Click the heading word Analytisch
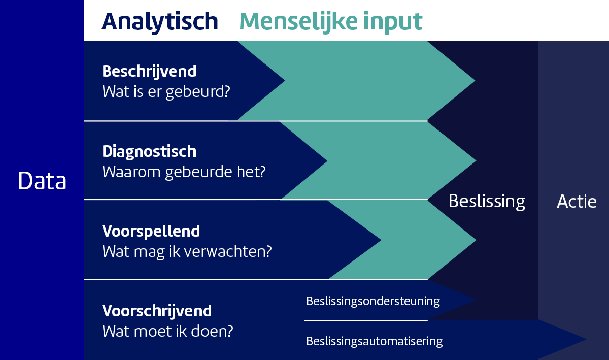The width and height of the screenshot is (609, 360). pos(160,22)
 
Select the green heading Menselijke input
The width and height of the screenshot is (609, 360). pos(330,22)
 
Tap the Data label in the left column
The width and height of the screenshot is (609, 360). pos(42,181)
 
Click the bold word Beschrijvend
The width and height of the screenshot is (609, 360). pos(149,72)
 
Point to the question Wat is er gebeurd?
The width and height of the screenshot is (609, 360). pos(166,92)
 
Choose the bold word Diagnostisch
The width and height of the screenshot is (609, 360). pos(149,152)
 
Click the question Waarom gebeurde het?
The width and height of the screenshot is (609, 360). pos(184,172)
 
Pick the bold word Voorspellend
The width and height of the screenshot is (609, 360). pos(151,232)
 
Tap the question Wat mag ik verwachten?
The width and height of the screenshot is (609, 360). pos(187,252)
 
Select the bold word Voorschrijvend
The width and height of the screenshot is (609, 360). pos(157,312)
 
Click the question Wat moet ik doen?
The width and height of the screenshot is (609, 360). pos(167,331)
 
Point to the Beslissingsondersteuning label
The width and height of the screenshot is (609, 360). pos(373,302)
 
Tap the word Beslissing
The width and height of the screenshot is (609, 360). pos(487,202)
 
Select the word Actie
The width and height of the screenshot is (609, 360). pos(577,202)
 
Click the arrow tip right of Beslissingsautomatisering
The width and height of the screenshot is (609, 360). pos(586,339)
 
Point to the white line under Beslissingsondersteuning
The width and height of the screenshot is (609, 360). pos(366,320)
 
